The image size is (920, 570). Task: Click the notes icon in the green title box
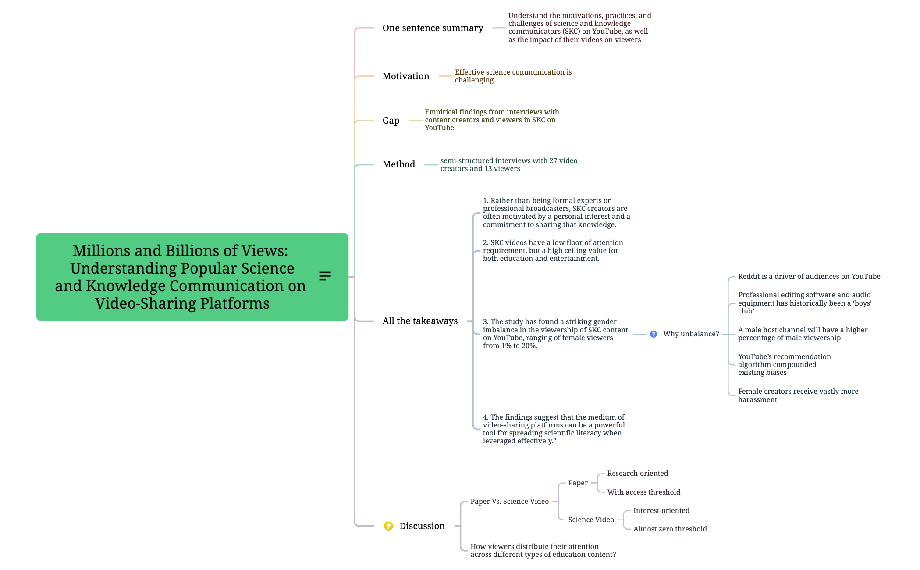tap(325, 276)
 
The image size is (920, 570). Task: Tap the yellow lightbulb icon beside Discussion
tap(388, 526)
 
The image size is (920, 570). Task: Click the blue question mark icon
tap(654, 334)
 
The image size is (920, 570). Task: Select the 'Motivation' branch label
tap(405, 76)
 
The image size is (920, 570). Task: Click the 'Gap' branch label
tap(391, 121)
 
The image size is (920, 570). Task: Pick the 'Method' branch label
tap(398, 164)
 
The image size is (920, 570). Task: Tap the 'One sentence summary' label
tap(433, 28)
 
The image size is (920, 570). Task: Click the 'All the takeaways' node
tap(419, 321)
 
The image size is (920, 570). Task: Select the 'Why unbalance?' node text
tap(691, 334)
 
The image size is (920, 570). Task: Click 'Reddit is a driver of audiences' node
tap(809, 277)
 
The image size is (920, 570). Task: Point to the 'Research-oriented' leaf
tap(637, 474)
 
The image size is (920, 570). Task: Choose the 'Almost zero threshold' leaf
tap(670, 529)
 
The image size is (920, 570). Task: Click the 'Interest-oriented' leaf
tap(661, 511)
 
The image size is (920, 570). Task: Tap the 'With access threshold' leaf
tap(643, 492)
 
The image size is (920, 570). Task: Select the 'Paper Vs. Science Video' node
tap(509, 502)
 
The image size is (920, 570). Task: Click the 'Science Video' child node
tap(591, 520)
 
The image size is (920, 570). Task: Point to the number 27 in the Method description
tap(554, 161)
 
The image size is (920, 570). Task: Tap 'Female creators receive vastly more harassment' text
tap(798, 395)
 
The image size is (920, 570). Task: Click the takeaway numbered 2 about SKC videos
tap(552, 251)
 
